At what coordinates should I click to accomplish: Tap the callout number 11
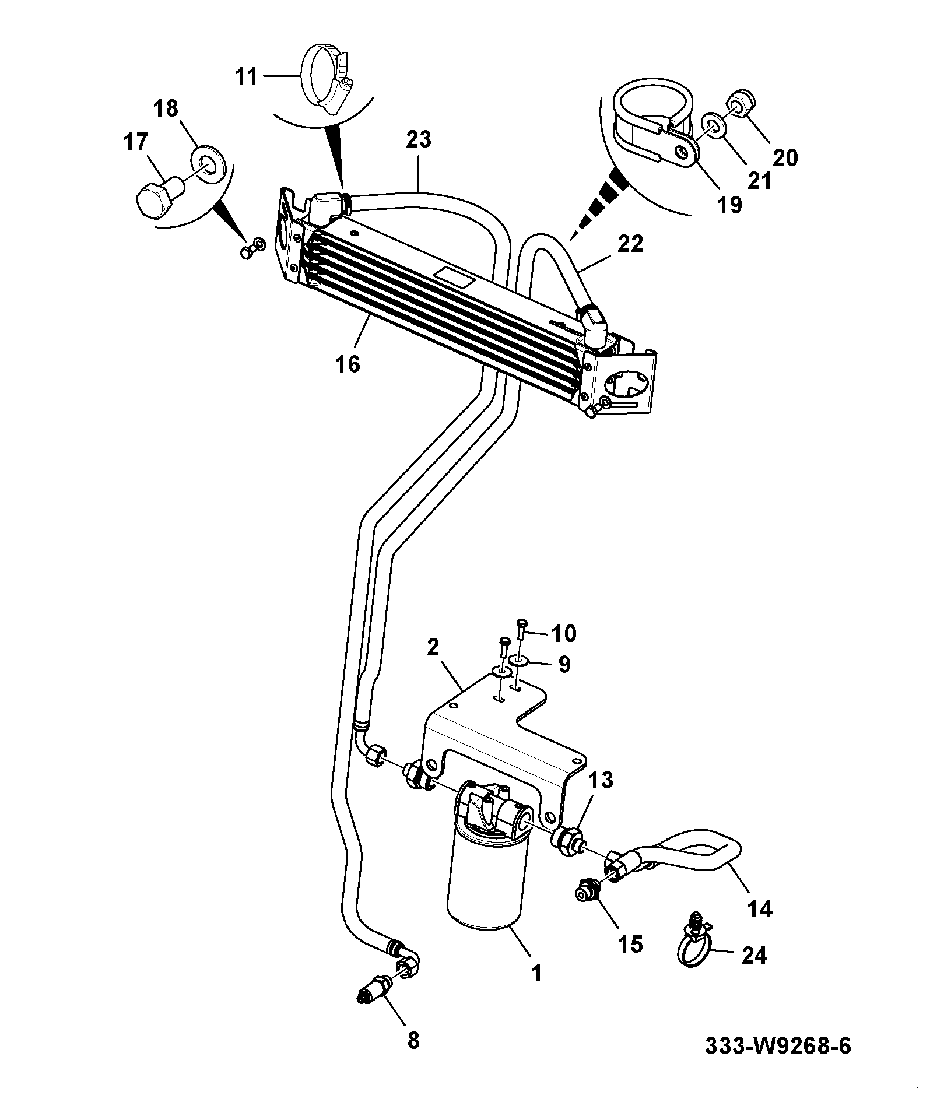[x=246, y=76]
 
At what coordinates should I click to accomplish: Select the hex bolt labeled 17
[x=159, y=198]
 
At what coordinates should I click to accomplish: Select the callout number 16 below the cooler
[x=348, y=364]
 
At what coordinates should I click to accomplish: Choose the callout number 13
[x=601, y=780]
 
